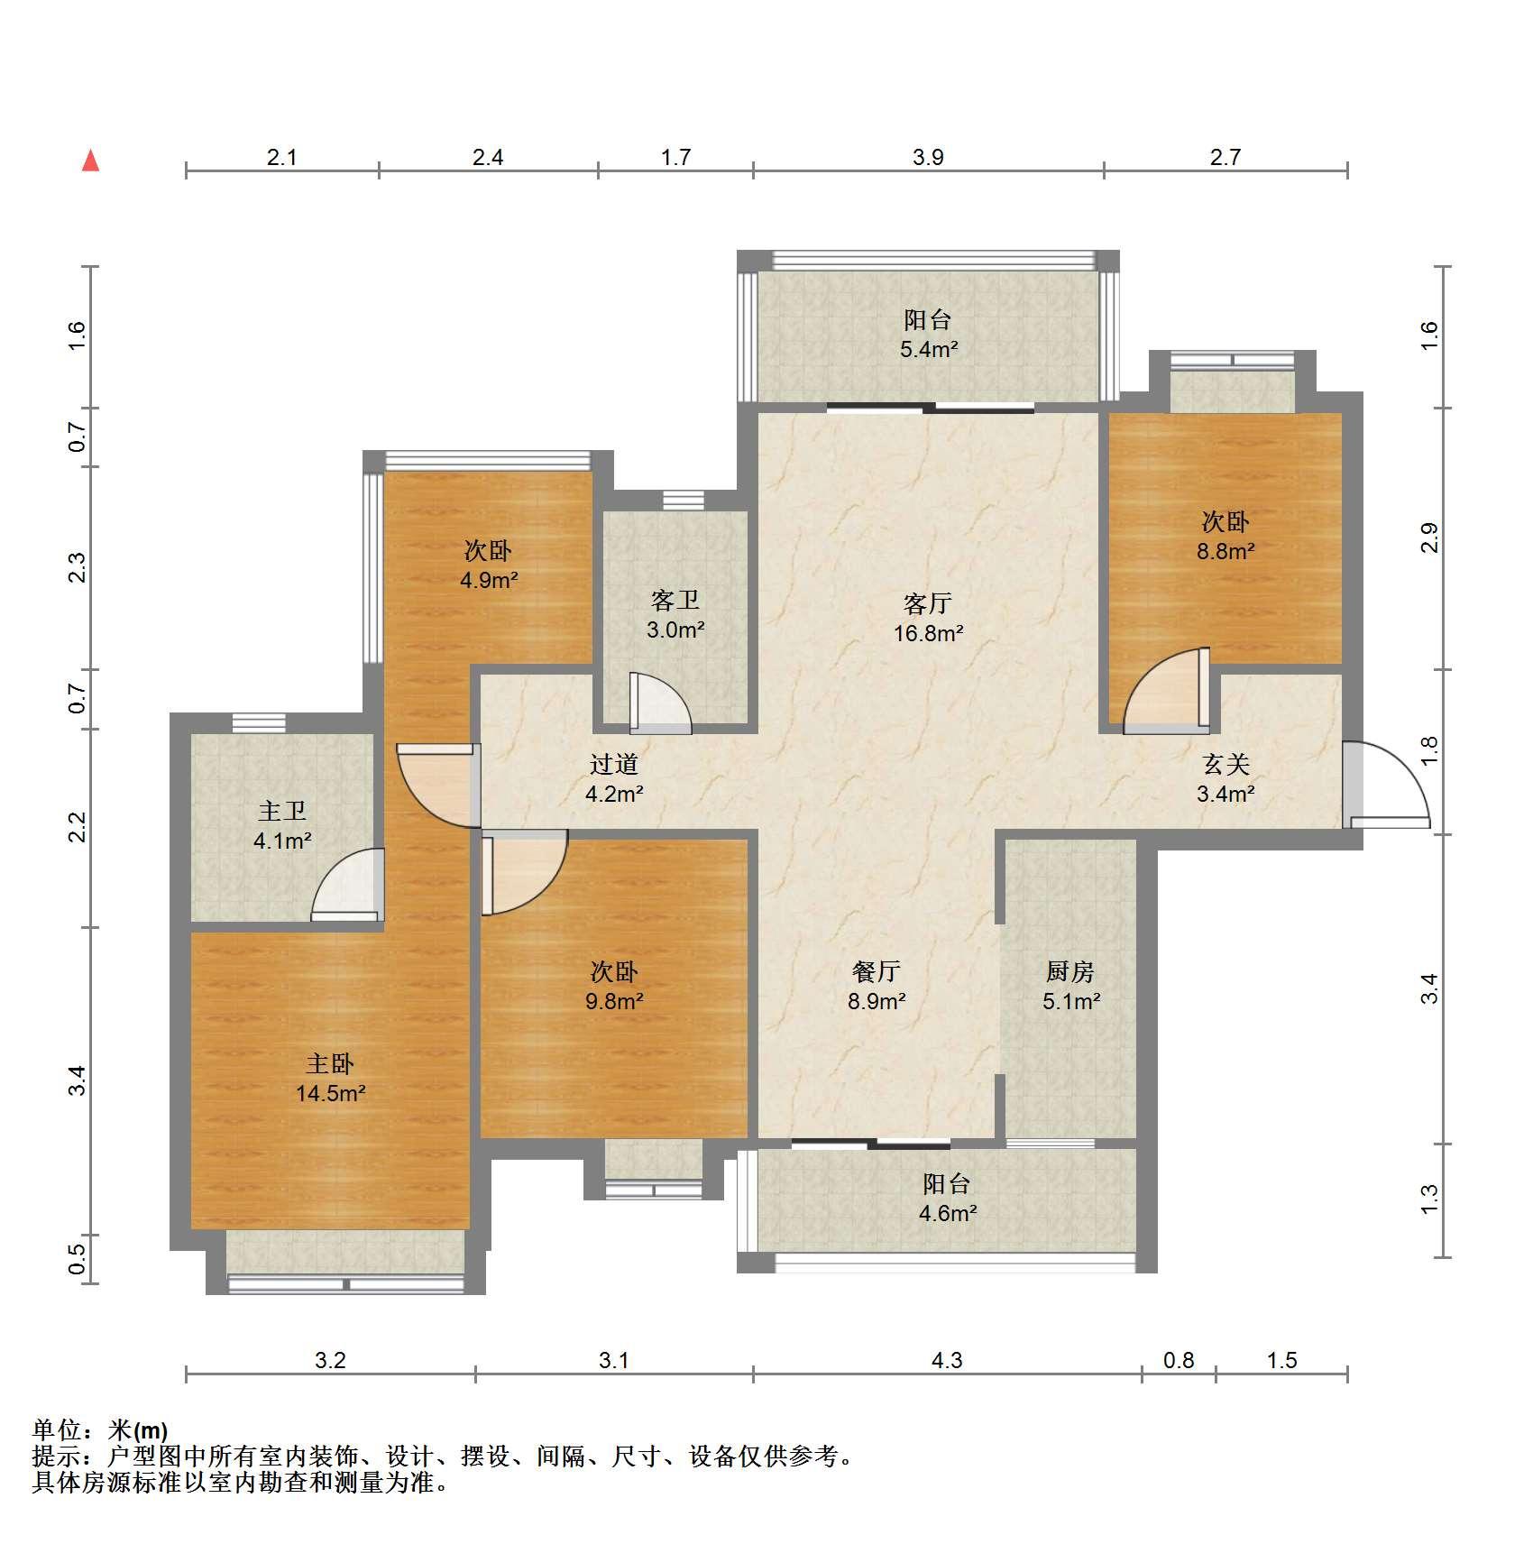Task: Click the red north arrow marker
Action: point(90,161)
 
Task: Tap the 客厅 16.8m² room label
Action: point(928,618)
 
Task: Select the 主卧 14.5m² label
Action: point(330,1079)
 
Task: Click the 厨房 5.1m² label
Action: point(1071,986)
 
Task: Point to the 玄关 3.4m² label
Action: point(1225,779)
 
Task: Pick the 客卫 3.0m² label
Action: point(675,615)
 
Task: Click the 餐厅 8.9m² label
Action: point(877,986)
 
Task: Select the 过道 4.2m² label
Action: point(614,779)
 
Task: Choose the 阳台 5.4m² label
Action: point(928,335)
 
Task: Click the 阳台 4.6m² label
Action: point(947,1199)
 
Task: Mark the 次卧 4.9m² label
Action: point(489,565)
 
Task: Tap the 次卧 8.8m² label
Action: point(1225,536)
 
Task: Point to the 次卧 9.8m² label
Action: point(614,986)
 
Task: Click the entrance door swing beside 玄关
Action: point(1386,784)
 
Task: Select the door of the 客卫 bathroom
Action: point(660,703)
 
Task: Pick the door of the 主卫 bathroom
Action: point(345,885)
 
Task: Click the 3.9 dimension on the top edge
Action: point(928,157)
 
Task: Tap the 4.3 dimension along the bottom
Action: point(947,1360)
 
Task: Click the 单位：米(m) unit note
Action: point(100,1430)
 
